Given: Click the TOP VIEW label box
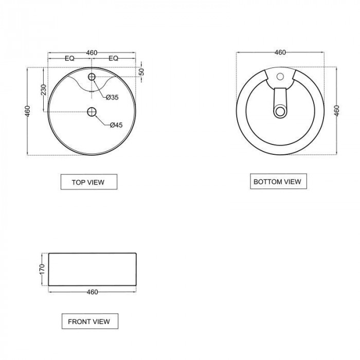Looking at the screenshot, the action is (89, 182).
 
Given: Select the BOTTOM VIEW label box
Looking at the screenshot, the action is (278, 182).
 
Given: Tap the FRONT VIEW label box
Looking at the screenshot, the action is (90, 321).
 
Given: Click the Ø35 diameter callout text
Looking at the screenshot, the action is (112, 97).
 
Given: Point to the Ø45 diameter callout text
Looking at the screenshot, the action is (116, 125).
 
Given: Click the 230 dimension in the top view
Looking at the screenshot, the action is (43, 90).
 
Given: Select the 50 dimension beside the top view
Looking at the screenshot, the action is (142, 71).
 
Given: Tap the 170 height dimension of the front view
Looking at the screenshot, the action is (42, 269).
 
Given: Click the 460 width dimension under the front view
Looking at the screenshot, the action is (92, 292).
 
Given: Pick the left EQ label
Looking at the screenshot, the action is (69, 59).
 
